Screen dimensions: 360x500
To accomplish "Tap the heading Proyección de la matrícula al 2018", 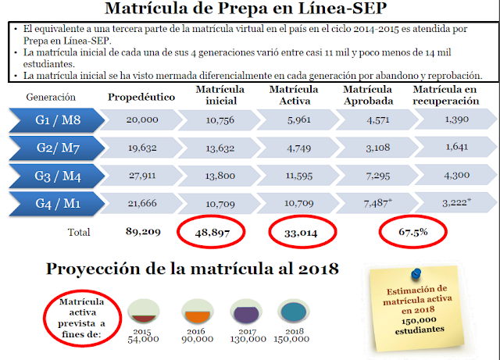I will pyautogui.click(x=192, y=269).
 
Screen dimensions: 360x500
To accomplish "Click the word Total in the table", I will pyautogui.click(x=79, y=233).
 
